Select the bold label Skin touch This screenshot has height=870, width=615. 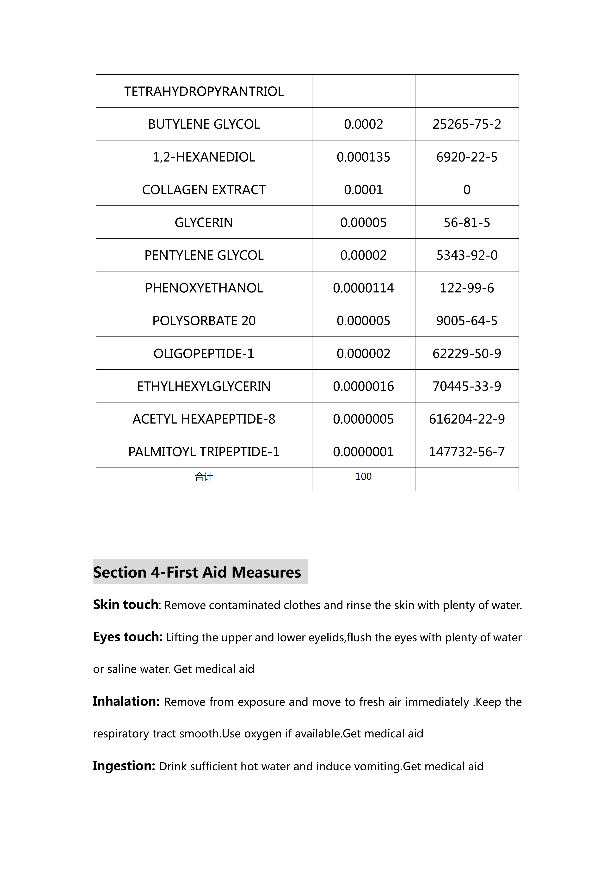125,605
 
